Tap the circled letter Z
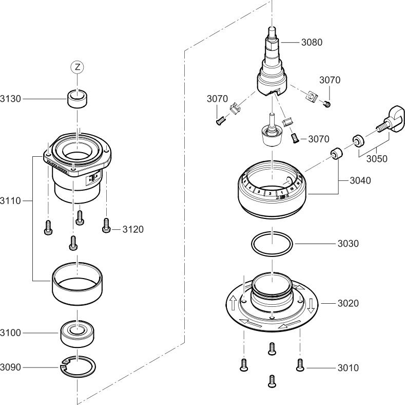coord(77,67)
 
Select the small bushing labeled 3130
coord(77,98)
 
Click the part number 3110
coord(11,200)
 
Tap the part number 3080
coord(312,42)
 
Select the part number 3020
coord(348,303)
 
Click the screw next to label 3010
coord(300,365)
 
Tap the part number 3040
coord(360,180)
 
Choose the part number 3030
coord(348,243)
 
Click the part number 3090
coord(11,367)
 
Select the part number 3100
coord(11,333)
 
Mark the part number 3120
coord(133,229)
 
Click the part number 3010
coord(348,368)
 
